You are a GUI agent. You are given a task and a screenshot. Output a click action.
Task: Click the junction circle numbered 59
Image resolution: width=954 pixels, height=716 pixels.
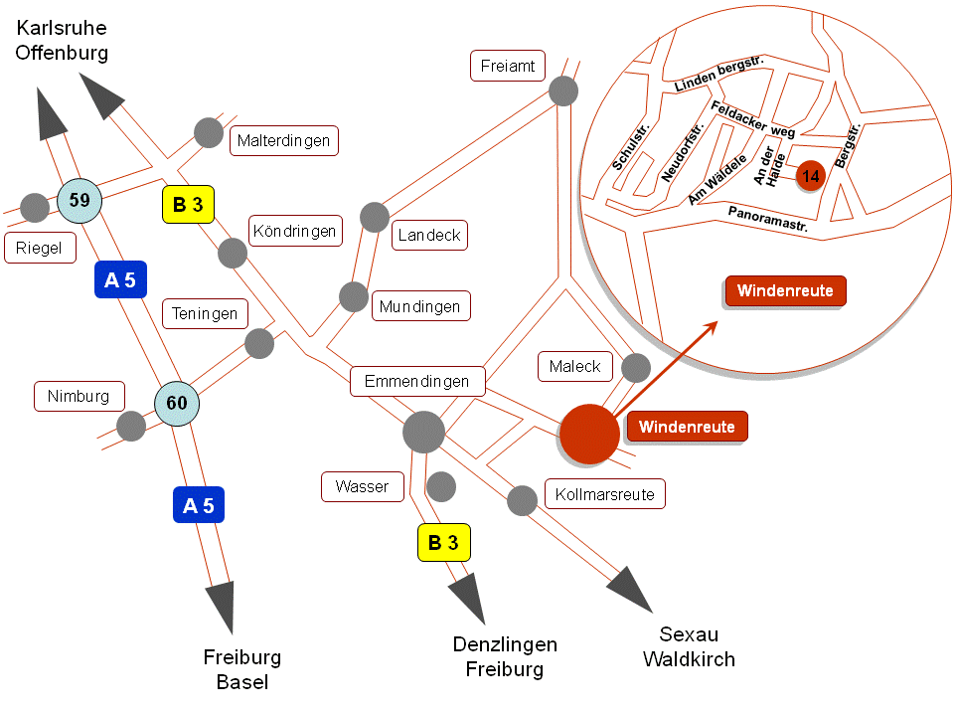click(x=79, y=200)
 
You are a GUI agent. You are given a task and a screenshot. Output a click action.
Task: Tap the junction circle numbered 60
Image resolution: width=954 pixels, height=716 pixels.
click(x=177, y=403)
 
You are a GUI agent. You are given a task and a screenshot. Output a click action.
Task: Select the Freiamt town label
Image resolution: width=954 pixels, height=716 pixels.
click(x=508, y=66)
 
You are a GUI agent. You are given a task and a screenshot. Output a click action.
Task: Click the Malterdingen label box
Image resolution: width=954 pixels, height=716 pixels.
click(x=283, y=140)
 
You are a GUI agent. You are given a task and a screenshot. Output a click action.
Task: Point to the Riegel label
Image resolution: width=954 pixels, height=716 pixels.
click(x=40, y=248)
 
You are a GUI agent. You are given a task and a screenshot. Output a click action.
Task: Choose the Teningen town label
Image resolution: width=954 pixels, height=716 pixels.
click(x=205, y=313)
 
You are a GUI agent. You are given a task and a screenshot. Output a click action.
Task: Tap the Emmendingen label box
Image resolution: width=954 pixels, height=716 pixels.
click(x=417, y=381)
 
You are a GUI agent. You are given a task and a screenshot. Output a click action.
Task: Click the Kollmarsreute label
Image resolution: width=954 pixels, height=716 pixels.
click(x=605, y=494)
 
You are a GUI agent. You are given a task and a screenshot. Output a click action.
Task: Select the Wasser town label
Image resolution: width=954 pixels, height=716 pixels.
click(x=362, y=486)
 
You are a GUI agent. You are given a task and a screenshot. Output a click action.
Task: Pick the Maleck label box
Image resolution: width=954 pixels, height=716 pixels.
click(x=575, y=366)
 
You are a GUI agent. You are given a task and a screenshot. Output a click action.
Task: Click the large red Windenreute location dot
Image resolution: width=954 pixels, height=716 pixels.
click(x=589, y=435)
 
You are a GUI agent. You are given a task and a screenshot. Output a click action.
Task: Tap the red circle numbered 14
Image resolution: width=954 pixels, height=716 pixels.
click(x=811, y=176)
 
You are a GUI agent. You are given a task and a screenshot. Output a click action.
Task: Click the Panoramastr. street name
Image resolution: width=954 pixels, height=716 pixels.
click(x=768, y=219)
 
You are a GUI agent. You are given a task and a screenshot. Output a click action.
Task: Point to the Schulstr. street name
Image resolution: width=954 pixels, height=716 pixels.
click(x=631, y=147)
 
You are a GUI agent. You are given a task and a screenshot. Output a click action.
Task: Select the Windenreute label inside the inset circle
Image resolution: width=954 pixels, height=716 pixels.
click(x=785, y=291)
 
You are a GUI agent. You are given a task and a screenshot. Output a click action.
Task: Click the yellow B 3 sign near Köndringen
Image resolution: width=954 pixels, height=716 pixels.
click(x=188, y=205)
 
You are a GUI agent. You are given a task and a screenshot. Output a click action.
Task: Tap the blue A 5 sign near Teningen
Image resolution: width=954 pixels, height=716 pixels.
click(x=120, y=279)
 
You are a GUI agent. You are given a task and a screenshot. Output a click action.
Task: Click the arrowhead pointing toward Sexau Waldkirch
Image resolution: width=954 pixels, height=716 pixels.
click(x=632, y=588)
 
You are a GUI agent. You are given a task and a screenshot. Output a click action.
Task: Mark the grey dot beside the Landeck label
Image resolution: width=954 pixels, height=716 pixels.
click(x=375, y=218)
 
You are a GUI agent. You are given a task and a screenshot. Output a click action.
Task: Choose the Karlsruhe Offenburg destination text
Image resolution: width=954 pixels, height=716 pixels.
click(x=62, y=40)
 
